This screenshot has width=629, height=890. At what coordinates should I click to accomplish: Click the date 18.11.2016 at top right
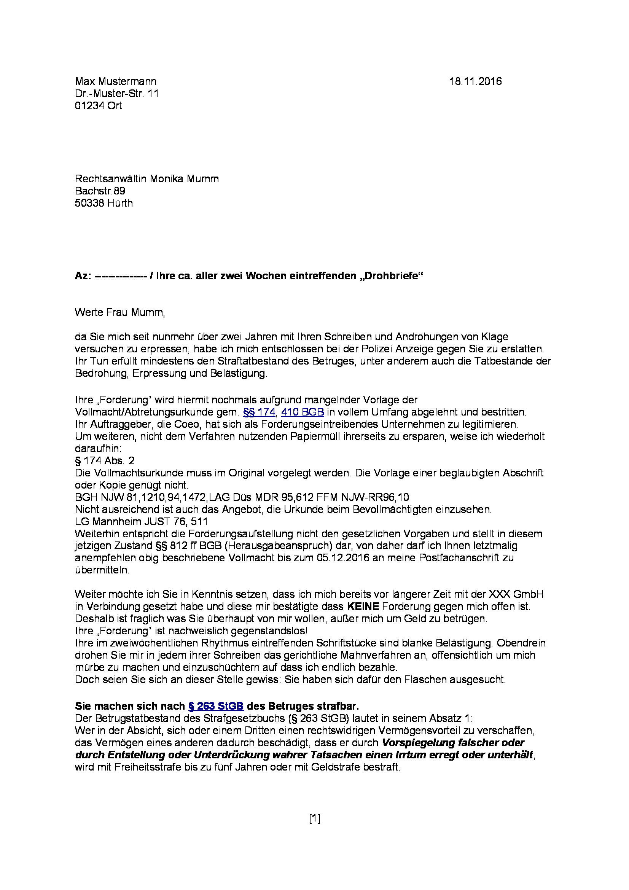[475, 81]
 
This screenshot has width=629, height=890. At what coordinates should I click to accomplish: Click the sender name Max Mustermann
[116, 81]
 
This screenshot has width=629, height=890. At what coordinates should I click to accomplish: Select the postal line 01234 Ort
[98, 106]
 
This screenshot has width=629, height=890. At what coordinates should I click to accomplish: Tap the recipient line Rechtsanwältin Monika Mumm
[147, 179]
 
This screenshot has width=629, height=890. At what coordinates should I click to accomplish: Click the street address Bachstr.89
[100, 191]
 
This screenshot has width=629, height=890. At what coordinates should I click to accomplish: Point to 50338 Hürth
[104, 203]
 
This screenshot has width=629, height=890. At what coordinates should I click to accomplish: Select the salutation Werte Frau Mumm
[120, 312]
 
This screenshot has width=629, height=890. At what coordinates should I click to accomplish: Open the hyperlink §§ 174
[258, 412]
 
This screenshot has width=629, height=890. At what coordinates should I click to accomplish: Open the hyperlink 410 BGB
[302, 412]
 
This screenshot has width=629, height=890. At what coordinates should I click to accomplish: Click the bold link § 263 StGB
[215, 706]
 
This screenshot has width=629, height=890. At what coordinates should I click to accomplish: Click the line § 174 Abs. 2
[105, 460]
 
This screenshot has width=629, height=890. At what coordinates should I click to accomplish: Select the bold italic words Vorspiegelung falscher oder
[453, 743]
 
